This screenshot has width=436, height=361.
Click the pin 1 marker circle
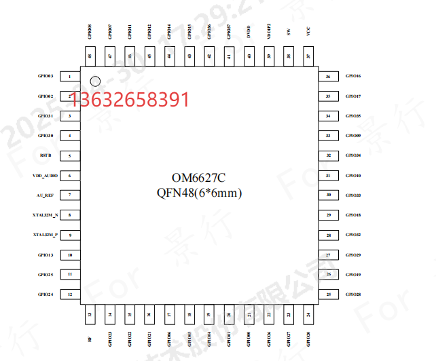96,81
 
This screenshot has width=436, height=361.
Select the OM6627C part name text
198,178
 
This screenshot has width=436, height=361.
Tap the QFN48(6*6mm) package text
198,193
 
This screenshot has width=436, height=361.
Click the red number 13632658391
129,100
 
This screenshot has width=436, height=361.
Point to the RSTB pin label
46,156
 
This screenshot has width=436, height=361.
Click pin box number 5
70,156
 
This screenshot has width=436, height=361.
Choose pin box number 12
70,294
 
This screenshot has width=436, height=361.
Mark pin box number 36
329,77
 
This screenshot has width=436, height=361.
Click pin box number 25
329,294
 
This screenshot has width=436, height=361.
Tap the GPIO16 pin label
353,77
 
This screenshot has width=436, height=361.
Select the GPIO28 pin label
353,294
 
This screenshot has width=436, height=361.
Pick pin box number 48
90,57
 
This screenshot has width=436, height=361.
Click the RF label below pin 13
90,339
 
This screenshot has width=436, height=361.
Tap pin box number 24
308,315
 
